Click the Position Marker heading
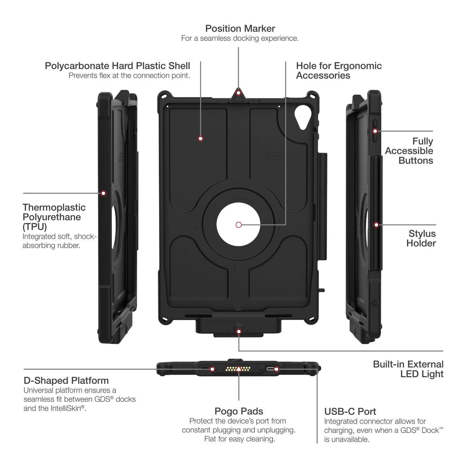click(x=240, y=29)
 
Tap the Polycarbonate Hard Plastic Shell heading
click(x=117, y=66)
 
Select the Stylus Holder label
click(x=421, y=238)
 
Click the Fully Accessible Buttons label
click(x=409, y=151)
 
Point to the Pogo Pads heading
click(x=239, y=411)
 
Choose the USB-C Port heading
click(x=350, y=412)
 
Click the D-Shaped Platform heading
click(x=66, y=380)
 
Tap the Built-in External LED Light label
click(x=408, y=369)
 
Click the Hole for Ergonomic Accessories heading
click(x=339, y=71)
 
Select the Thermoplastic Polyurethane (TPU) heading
click(x=54, y=217)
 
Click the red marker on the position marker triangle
click(x=238, y=93)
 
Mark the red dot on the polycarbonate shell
click(x=200, y=139)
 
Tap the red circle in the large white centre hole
click(x=239, y=225)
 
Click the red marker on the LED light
click(x=239, y=331)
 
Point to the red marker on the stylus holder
click(x=376, y=225)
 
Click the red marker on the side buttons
click(x=375, y=131)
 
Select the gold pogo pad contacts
click(x=238, y=369)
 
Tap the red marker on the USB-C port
click(x=276, y=369)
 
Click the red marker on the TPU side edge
click(x=103, y=193)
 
